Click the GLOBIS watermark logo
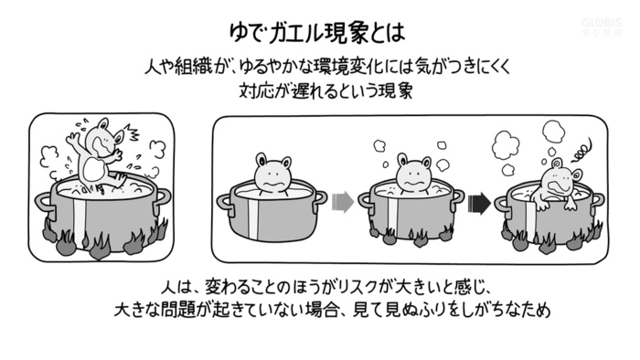[602, 26]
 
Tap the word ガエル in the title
[292, 33]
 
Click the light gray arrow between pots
[343, 202]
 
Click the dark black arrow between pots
[479, 203]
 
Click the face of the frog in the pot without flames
[272, 175]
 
